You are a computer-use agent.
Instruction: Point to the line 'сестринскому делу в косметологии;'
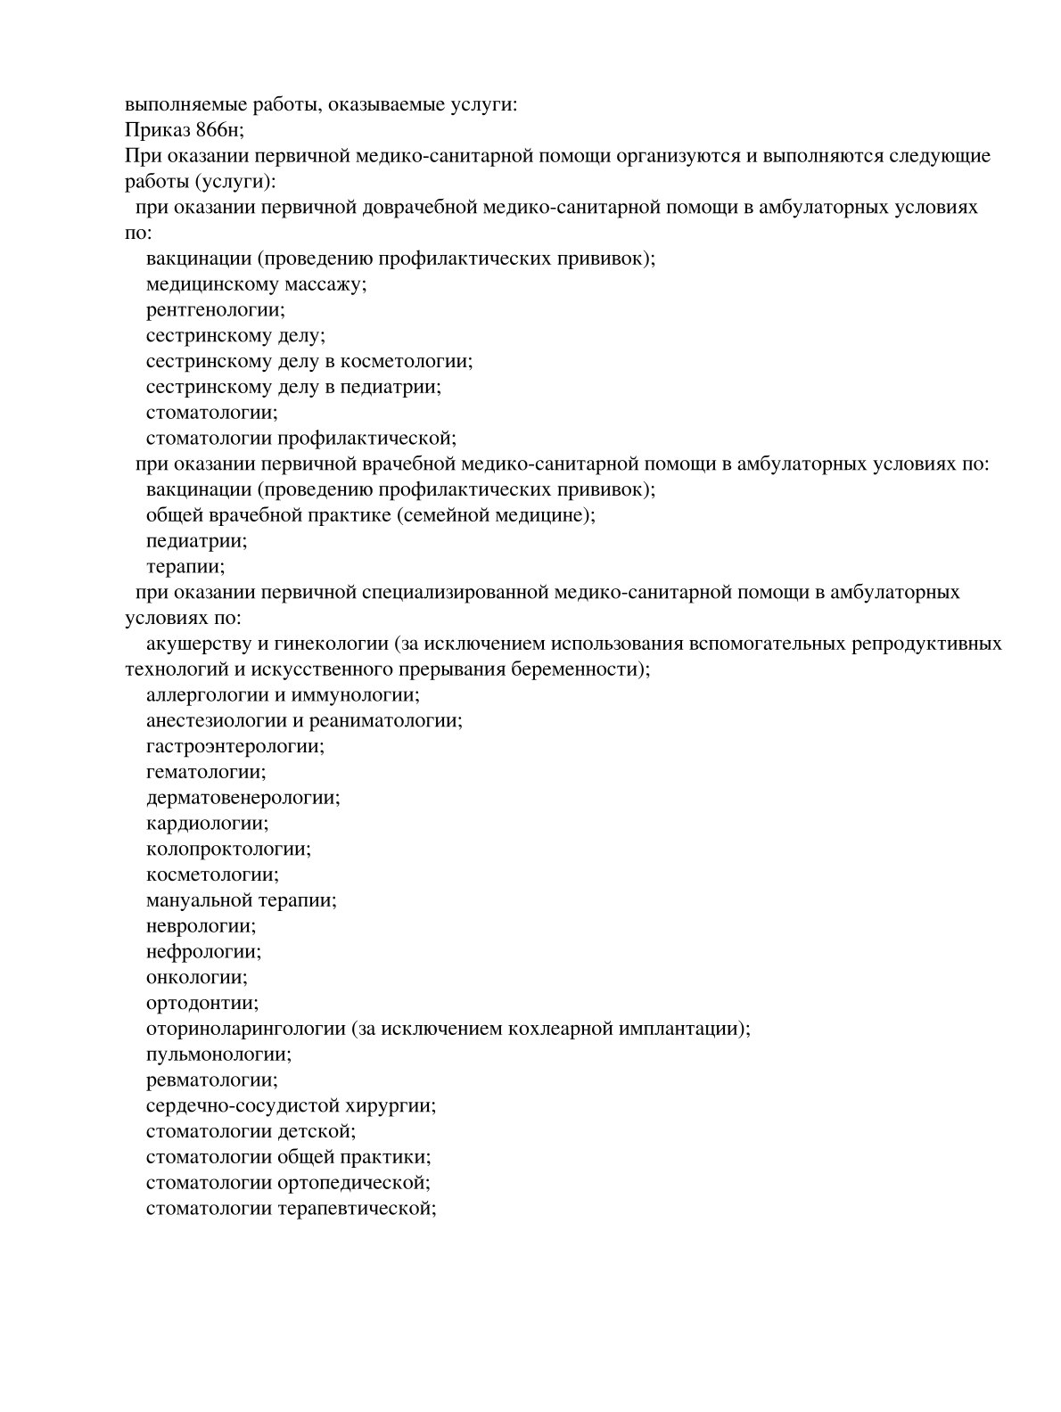pos(308,361)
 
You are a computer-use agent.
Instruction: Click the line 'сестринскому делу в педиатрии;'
pos(293,387)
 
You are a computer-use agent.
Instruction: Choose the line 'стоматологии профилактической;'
pos(300,438)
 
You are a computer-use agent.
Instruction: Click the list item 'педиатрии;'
pos(196,540)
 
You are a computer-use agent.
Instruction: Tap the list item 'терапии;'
pos(185,566)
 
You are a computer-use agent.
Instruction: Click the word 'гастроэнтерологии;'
pos(234,745)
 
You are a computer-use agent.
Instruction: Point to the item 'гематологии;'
pos(205,771)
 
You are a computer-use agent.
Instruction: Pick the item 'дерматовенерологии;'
pos(243,797)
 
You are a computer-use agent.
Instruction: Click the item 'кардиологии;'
pos(207,823)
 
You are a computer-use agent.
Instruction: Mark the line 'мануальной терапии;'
pos(241,900)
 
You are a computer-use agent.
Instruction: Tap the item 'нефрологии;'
pos(203,951)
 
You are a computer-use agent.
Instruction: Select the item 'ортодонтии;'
pos(202,1003)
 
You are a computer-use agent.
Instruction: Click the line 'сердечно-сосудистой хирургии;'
pos(291,1106)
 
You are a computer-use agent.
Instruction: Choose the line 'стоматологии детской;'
pos(251,1131)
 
